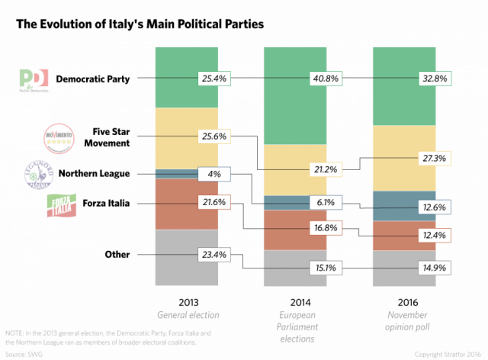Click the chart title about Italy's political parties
click(139, 24)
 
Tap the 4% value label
click(213, 174)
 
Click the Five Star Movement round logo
click(59, 137)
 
